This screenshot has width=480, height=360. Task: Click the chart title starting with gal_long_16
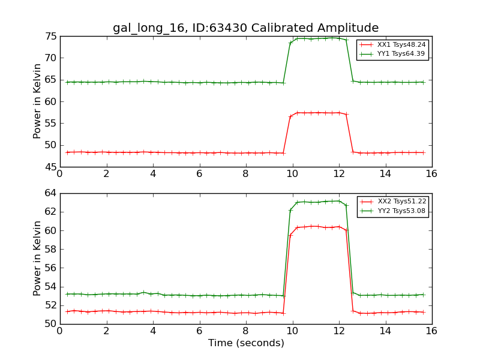click(x=245, y=28)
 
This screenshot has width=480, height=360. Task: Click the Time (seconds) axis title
click(x=246, y=343)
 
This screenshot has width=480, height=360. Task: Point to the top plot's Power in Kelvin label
click(x=37, y=101)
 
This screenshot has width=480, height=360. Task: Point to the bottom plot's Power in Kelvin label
click(x=37, y=258)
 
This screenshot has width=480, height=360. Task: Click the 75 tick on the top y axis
click(x=50, y=37)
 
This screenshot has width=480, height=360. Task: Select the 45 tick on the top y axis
click(x=50, y=167)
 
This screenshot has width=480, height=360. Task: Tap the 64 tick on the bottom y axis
click(x=50, y=193)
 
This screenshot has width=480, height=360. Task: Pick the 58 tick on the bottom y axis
click(x=50, y=249)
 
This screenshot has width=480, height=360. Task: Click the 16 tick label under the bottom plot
click(x=431, y=331)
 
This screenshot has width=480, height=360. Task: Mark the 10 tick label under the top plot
click(x=292, y=174)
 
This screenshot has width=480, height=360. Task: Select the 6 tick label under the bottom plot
click(x=199, y=331)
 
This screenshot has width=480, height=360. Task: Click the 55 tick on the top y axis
click(x=50, y=124)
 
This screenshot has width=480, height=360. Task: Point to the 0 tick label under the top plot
click(x=60, y=174)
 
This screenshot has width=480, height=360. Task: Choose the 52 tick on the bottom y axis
click(x=50, y=305)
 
